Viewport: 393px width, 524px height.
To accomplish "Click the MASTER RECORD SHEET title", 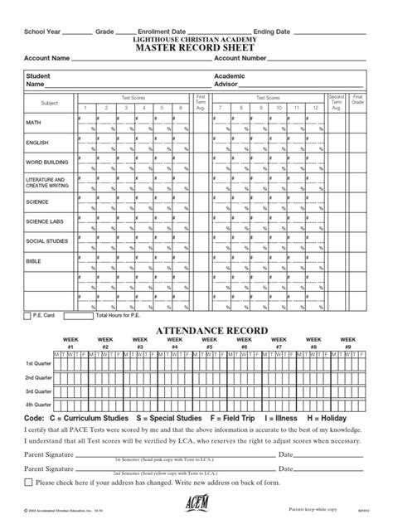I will coord(196,48).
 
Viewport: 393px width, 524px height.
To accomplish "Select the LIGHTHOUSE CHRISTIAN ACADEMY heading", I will coord(196,38).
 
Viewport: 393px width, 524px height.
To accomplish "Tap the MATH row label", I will coord(33,122).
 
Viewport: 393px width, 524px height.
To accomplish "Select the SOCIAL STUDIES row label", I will coord(46,240).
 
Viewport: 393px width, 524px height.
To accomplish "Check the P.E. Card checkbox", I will coord(28,316).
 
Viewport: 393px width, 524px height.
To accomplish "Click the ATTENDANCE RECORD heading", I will coord(196,330).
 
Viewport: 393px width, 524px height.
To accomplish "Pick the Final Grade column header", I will coord(357,99).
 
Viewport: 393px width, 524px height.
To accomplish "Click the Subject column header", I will coord(49,104).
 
